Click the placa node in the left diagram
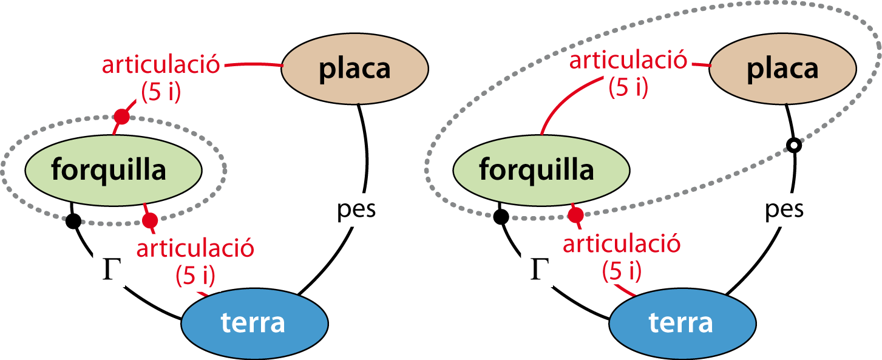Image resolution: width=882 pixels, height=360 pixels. click(355, 69)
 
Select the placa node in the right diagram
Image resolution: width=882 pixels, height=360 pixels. click(782, 69)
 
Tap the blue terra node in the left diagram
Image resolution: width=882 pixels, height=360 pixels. click(254, 322)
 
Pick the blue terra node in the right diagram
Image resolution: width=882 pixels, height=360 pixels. click(682, 322)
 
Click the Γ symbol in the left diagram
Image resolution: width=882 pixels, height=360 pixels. click(109, 270)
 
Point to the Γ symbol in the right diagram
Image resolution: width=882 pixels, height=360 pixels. click(537, 270)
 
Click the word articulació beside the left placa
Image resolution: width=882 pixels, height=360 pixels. click(161, 65)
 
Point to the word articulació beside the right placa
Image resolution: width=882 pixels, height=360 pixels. click(628, 60)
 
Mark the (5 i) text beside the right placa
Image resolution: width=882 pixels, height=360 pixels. click(628, 88)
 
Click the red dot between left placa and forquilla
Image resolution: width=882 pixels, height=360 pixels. click(122, 117)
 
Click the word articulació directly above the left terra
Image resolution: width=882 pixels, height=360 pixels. click(195, 248)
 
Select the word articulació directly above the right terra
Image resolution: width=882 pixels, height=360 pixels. click(622, 245)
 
